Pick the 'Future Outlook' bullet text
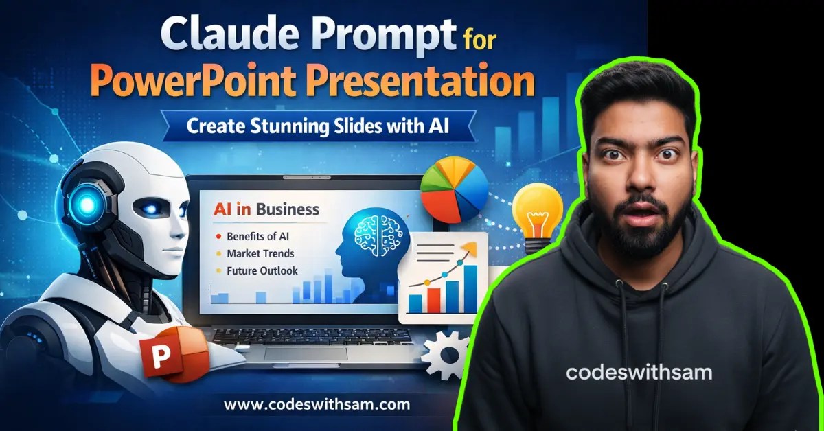pos(262,271)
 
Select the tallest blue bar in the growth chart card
pos(470,288)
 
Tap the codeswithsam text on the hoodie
pos(639,373)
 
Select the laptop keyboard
pos(310,342)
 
